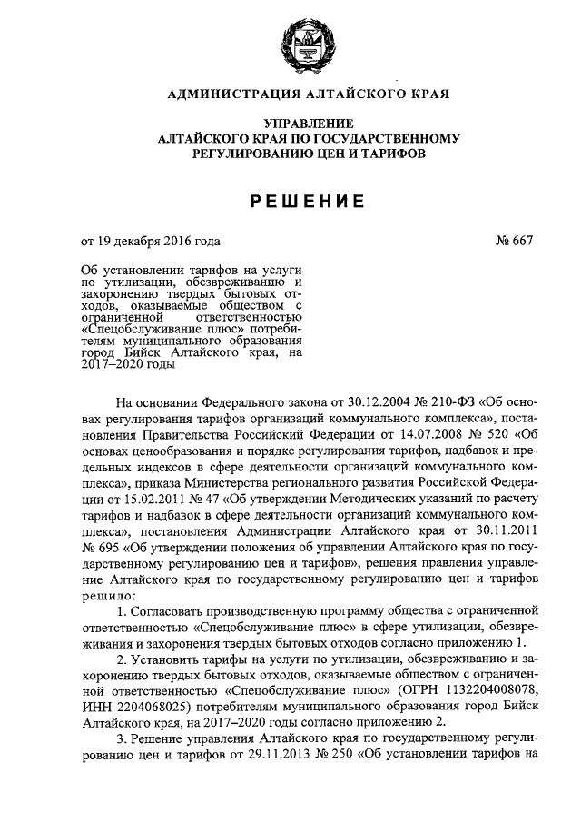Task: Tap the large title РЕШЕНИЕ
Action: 290,199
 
